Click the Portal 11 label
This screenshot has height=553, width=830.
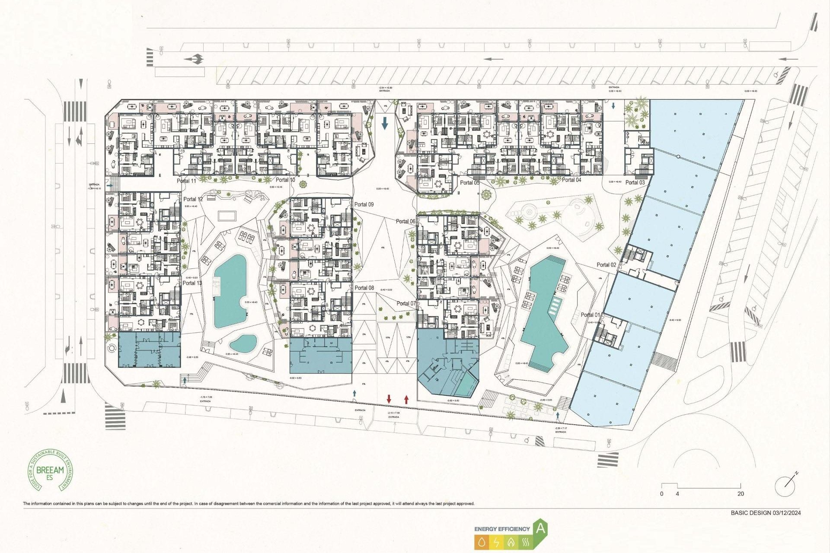[186, 181]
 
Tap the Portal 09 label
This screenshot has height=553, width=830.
[364, 204]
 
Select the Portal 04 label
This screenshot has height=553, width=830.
[571, 180]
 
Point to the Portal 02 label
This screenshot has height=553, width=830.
[607, 265]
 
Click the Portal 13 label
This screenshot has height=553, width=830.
[192, 283]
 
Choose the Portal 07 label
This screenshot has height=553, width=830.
[406, 303]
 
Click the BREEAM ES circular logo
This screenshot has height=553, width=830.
[50, 470]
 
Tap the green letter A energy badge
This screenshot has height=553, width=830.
[540, 528]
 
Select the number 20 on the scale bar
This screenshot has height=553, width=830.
[741, 494]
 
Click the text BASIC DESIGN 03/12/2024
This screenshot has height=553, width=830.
[766, 513]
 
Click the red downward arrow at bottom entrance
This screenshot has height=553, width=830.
[389, 399]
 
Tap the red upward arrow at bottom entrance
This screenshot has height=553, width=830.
[406, 399]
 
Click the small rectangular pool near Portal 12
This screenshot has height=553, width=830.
[227, 215]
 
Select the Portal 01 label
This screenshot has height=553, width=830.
[590, 315]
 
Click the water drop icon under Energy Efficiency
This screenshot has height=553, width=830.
[482, 542]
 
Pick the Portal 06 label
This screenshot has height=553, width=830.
[405, 221]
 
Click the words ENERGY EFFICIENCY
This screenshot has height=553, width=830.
[502, 529]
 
